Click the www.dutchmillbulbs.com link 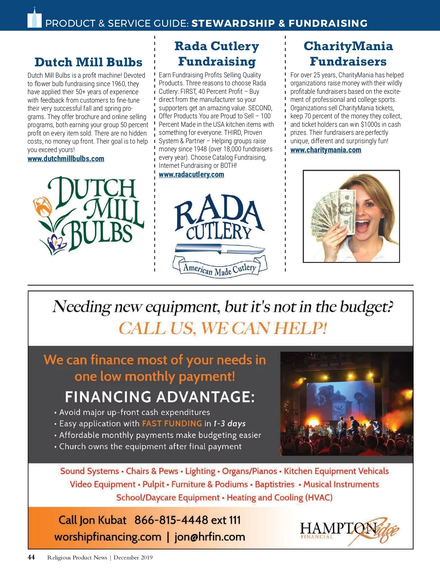pyautogui.click(x=66, y=159)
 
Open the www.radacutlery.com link pyautogui.click(x=191, y=174)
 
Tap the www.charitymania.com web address pyautogui.click(x=326, y=150)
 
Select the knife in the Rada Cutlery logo pyautogui.click(x=219, y=248)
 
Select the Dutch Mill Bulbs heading pyautogui.click(x=88, y=62)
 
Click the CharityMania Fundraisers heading pyautogui.click(x=348, y=53)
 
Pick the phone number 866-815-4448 pyautogui.click(x=171, y=519)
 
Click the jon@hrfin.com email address pyautogui.click(x=209, y=537)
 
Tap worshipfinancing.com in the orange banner pyautogui.click(x=108, y=537)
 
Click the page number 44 pyautogui.click(x=31, y=557)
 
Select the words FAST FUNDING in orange pyautogui.click(x=172, y=423)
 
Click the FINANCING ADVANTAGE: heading pyautogui.click(x=159, y=397)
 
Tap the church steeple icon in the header pyautogui.click(x=34, y=18)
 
